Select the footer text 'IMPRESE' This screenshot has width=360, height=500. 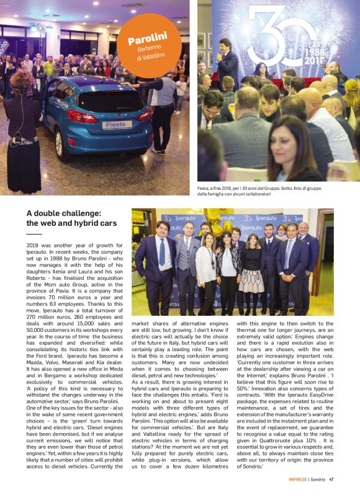(x=298, y=479)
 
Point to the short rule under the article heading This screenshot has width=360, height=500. (x=34, y=234)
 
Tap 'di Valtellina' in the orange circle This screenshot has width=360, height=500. (x=152, y=57)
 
